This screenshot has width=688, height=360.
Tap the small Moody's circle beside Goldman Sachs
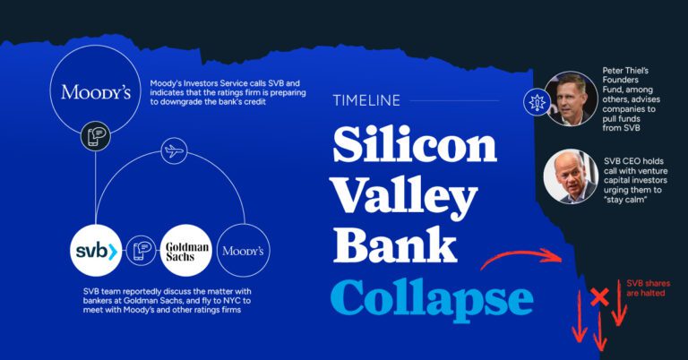coord(243,251)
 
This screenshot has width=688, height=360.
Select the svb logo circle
coord(96,251)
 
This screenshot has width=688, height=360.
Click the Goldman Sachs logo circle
coord(186,251)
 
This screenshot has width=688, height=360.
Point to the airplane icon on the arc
coord(173,151)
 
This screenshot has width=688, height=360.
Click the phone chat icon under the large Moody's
coord(96,136)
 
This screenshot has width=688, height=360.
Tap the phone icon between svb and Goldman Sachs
coord(142,251)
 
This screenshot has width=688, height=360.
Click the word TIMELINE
coord(366,100)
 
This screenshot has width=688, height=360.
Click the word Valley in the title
coord(405,196)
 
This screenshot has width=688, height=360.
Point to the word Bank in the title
coord(395,244)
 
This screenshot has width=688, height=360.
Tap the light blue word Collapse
coord(432,297)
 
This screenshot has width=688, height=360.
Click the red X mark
coord(599,297)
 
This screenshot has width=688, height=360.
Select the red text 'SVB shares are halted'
coord(648,288)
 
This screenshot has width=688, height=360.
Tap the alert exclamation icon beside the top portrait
coord(537,102)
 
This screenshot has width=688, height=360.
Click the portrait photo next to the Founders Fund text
coord(571,99)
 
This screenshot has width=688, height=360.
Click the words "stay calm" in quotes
coord(626,200)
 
